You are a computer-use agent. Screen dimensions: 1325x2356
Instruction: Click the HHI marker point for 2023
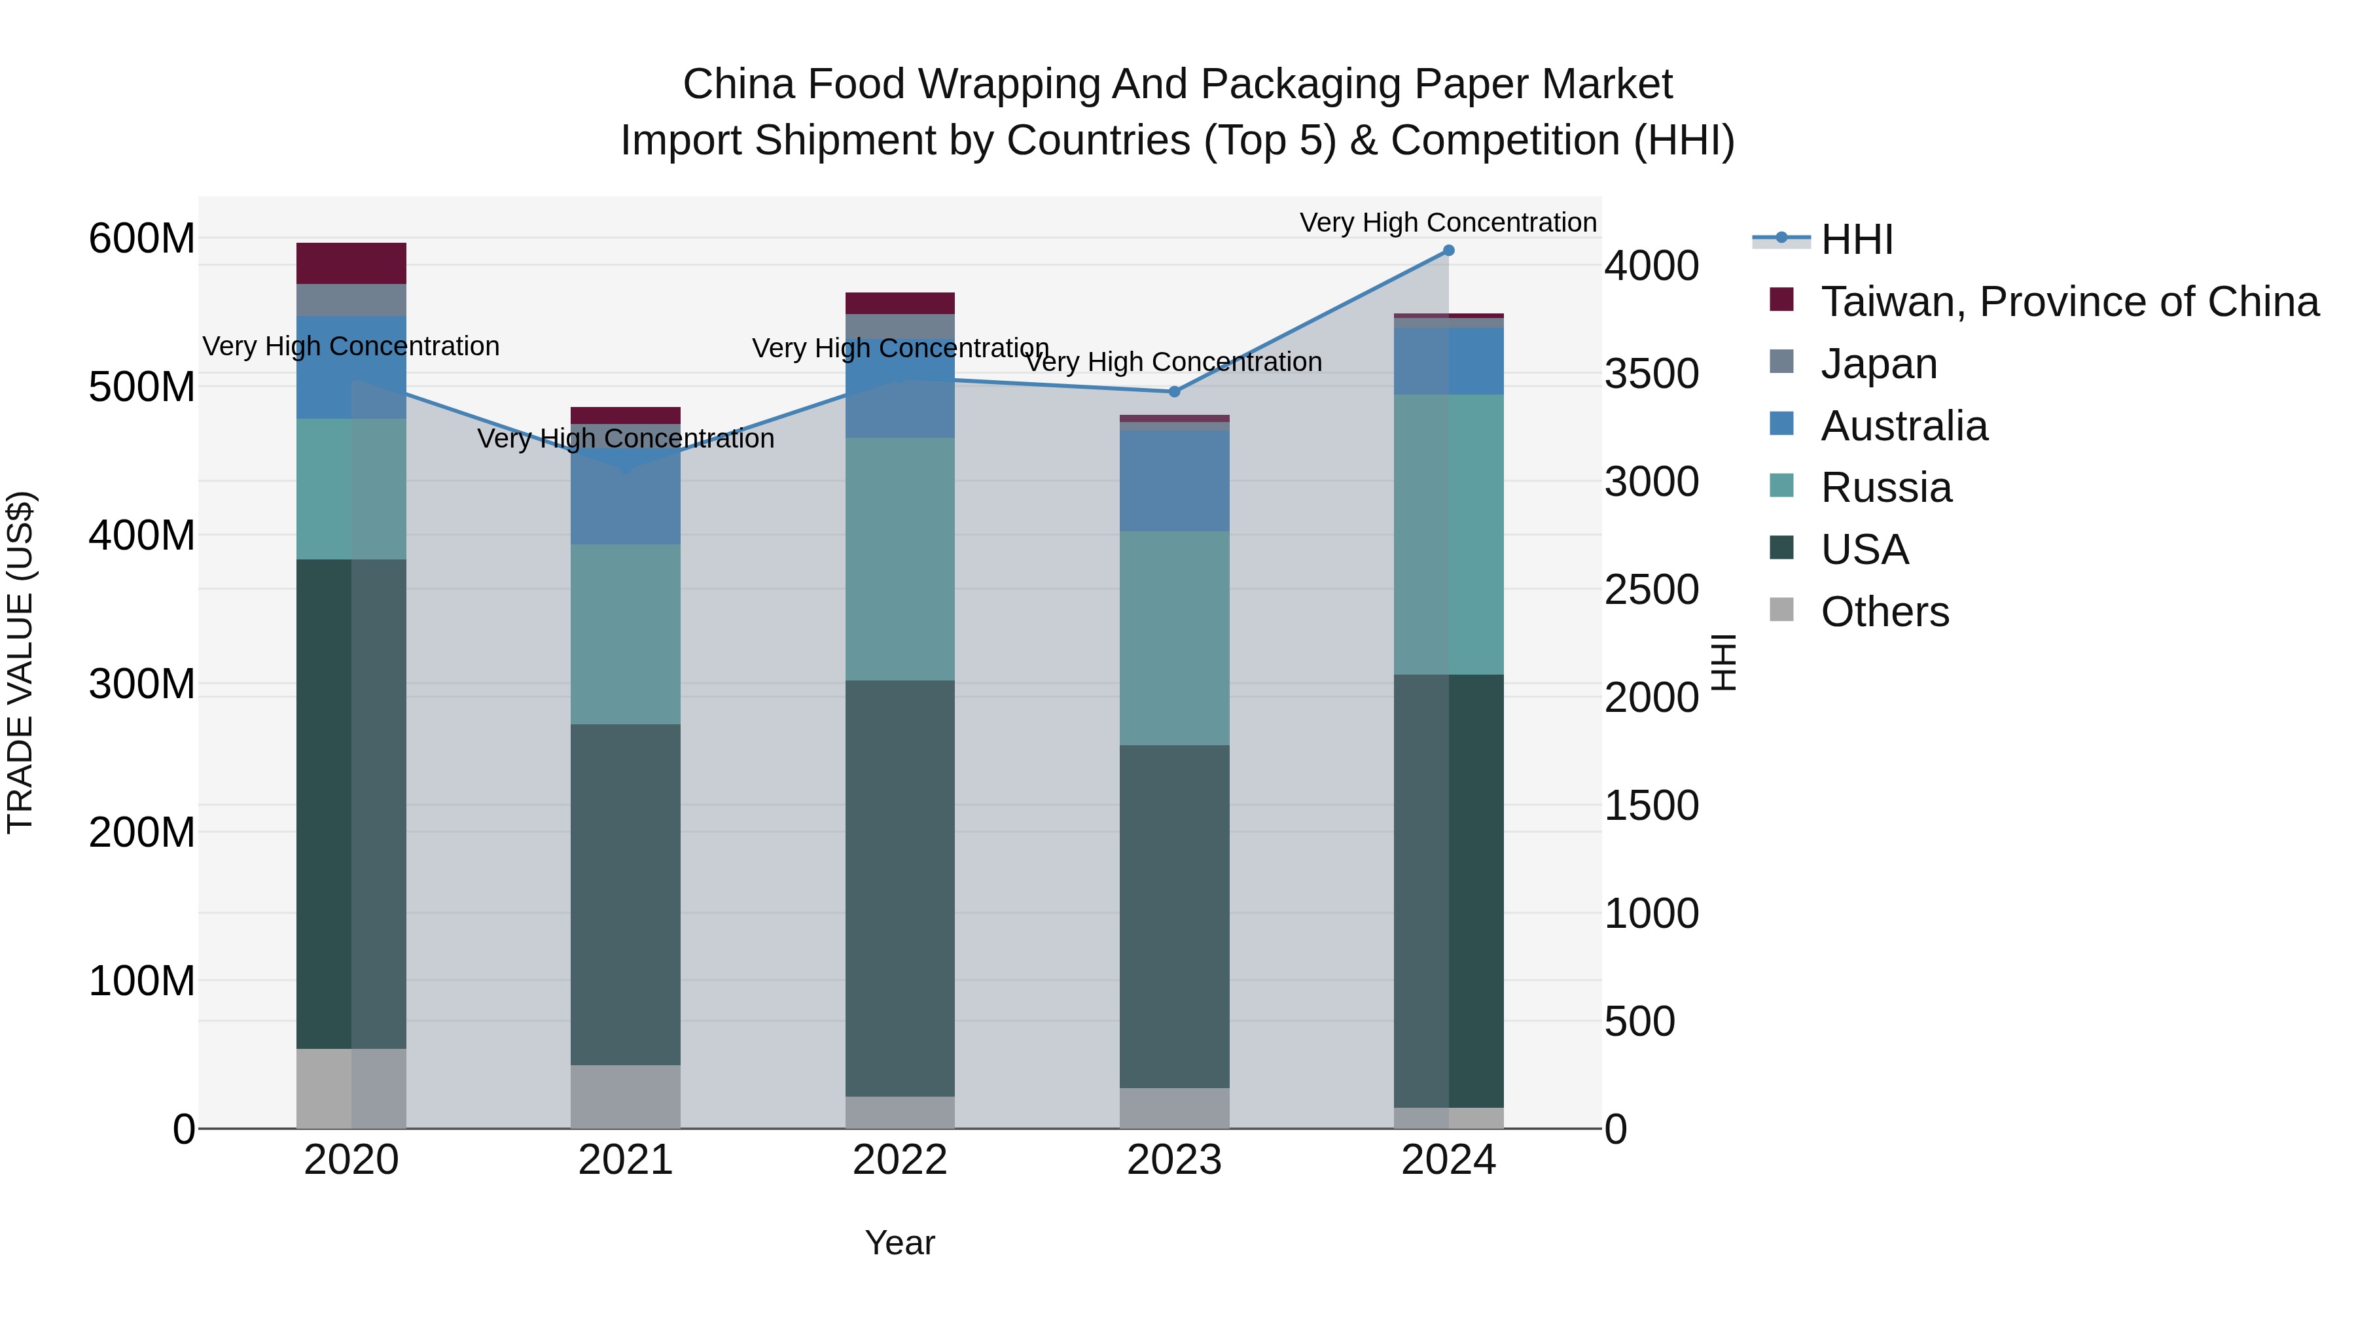(x=1174, y=391)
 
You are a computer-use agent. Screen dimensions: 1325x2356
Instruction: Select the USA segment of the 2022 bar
(x=899, y=887)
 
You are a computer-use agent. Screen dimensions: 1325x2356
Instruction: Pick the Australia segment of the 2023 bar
(x=1174, y=480)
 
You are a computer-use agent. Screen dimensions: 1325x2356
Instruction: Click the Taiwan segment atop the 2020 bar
(x=351, y=263)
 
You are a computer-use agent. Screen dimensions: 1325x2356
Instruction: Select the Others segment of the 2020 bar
(x=351, y=1088)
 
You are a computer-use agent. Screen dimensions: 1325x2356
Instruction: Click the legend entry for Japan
(x=1878, y=364)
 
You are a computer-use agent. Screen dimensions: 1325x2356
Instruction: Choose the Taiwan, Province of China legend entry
(x=2069, y=302)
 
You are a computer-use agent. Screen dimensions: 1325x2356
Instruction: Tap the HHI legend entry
(x=1856, y=239)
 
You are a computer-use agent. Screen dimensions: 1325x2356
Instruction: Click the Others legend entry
(x=1884, y=612)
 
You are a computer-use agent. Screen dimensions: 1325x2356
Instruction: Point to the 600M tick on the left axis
(x=142, y=239)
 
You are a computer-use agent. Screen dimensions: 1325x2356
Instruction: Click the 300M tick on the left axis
(x=142, y=684)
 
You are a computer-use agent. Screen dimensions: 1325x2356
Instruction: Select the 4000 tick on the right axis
(x=1652, y=266)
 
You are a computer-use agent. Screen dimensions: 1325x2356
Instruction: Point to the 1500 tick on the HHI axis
(x=1652, y=805)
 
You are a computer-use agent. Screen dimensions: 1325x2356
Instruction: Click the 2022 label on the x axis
(x=899, y=1160)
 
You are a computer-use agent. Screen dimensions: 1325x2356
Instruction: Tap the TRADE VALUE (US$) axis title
(x=20, y=662)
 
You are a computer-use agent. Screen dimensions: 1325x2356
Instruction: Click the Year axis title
(x=899, y=1243)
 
